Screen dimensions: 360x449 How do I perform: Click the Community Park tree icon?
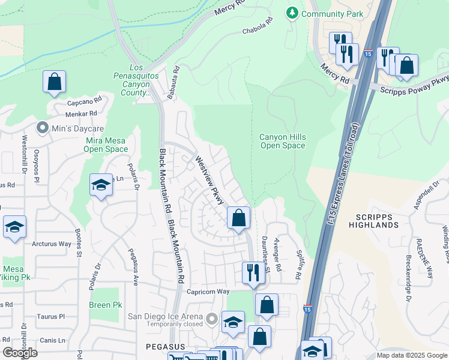click(292, 13)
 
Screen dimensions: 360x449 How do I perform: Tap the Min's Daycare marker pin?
click(42, 127)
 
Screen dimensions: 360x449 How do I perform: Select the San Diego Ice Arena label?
click(164, 317)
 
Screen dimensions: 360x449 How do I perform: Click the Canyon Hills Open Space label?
click(282, 142)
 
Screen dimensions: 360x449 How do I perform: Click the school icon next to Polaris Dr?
click(101, 185)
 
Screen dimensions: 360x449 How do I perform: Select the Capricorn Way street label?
click(208, 292)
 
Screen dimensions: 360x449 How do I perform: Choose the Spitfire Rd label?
click(297, 265)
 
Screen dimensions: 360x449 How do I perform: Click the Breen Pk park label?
click(100, 305)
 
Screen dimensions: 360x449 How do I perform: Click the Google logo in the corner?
click(20, 352)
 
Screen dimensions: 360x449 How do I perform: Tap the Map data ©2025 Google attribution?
click(411, 355)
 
